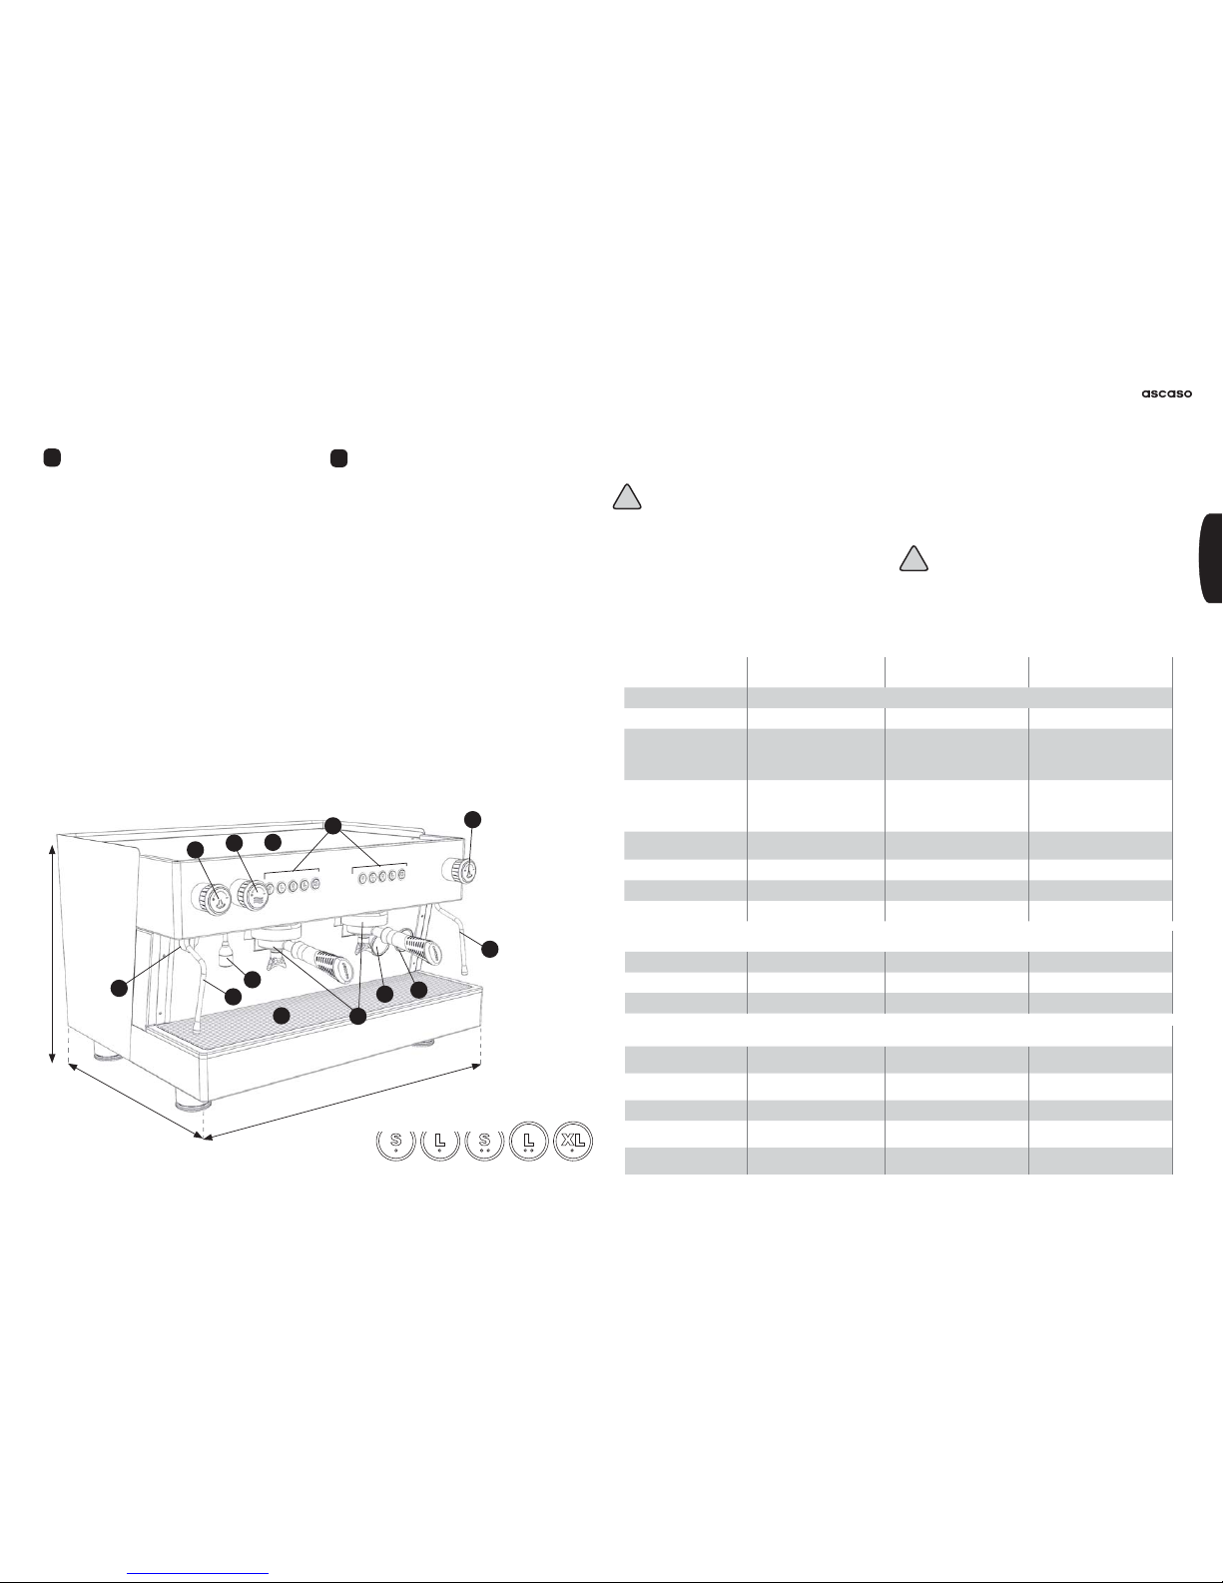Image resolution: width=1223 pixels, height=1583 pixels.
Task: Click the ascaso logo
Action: click(1166, 394)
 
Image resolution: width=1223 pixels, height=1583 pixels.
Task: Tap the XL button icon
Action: click(573, 1141)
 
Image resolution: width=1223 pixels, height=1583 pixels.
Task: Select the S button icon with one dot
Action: click(396, 1143)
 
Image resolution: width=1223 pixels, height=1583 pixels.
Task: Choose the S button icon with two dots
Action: click(484, 1143)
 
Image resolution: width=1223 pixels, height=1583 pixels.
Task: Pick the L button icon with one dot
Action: click(439, 1143)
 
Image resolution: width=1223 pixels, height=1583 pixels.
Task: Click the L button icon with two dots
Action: click(528, 1141)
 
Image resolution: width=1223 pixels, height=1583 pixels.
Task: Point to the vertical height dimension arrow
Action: click(52, 954)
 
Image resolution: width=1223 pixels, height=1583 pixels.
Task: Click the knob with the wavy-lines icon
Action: click(252, 895)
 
